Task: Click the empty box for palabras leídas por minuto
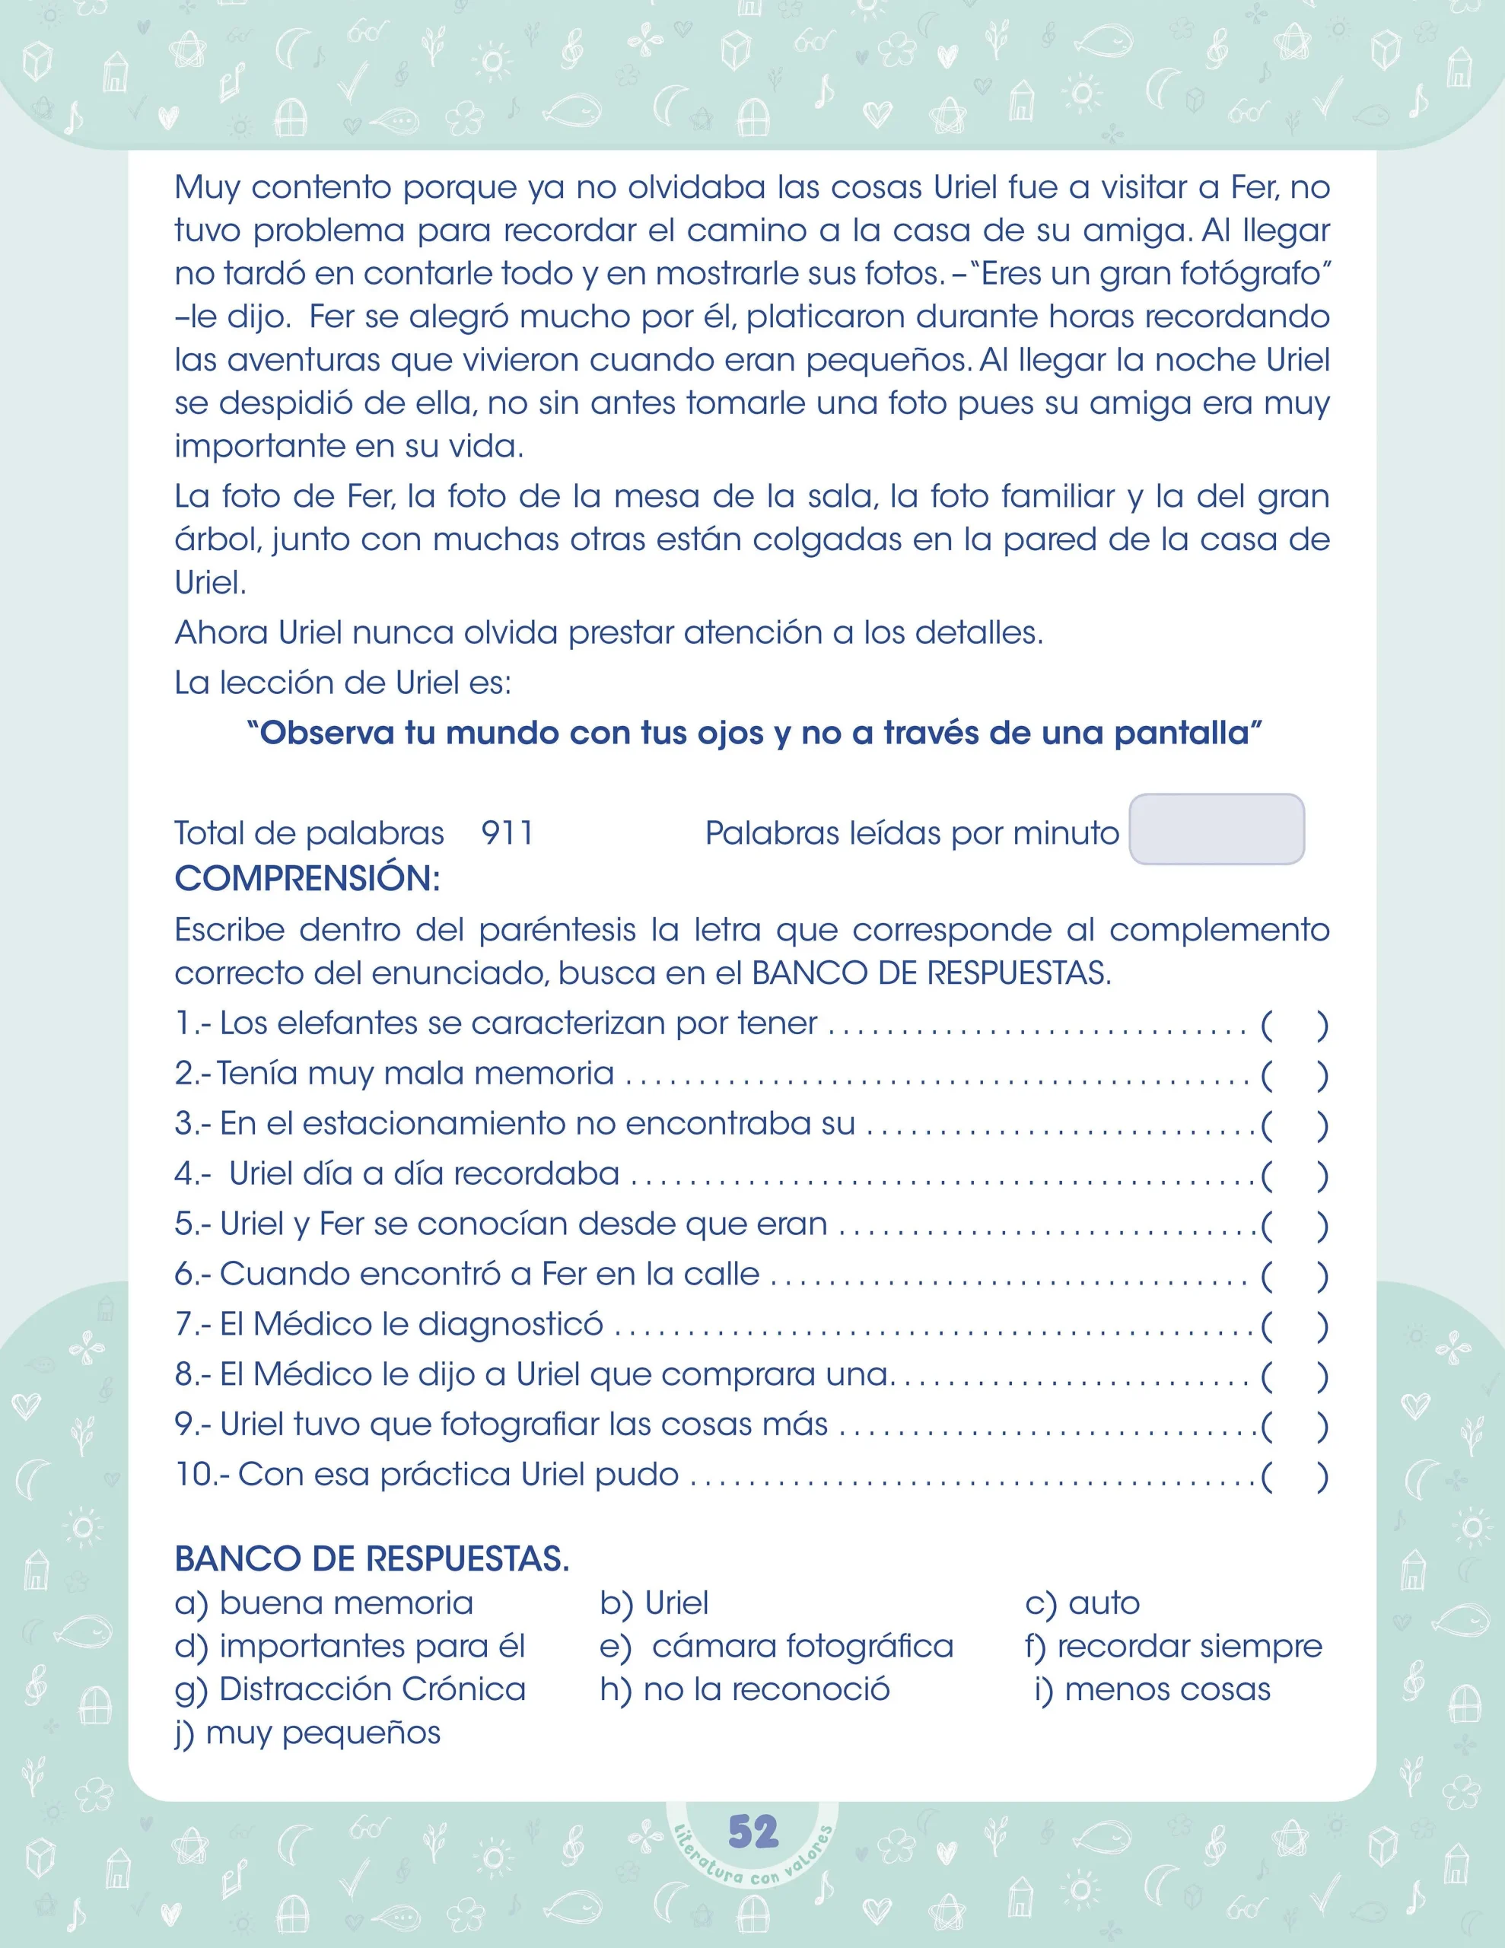coord(1216,829)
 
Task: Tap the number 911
coord(507,833)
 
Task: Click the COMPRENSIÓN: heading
coord(307,879)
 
